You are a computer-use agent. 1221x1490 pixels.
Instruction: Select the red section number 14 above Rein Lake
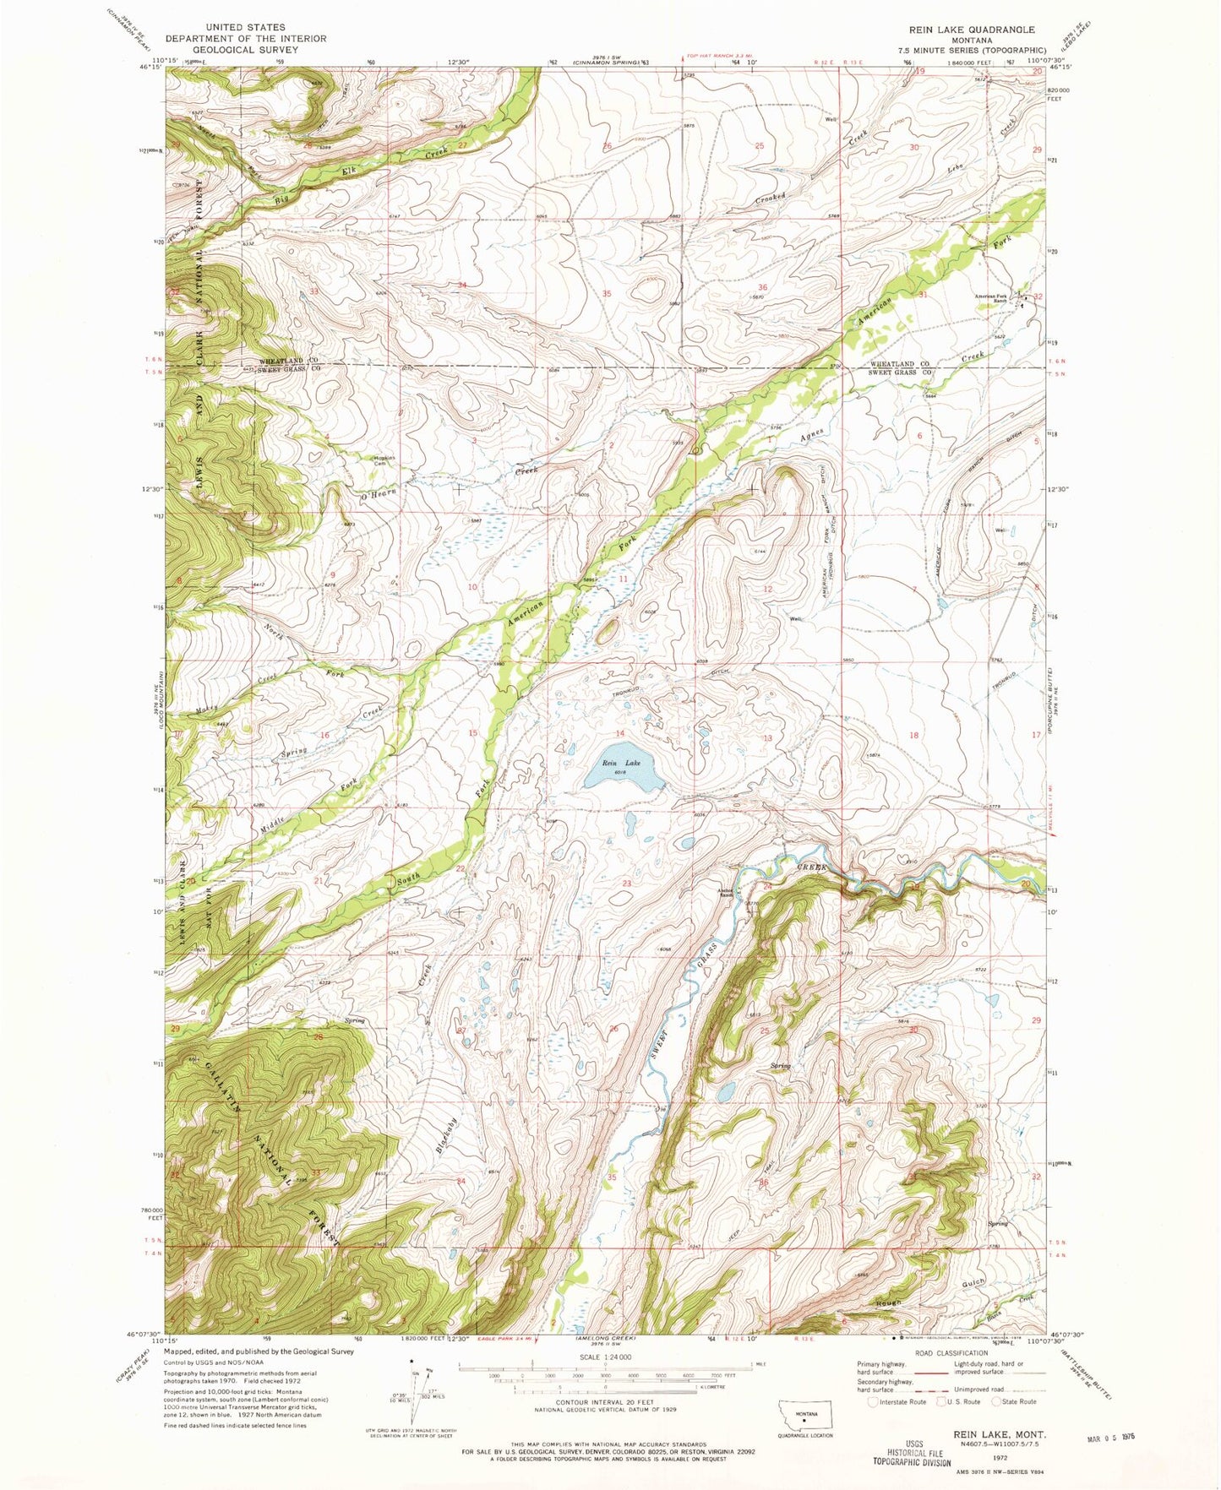pos(619,733)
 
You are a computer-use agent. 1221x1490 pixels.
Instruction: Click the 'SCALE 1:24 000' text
pos(604,1357)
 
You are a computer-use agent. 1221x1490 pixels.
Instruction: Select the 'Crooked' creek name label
pos(771,201)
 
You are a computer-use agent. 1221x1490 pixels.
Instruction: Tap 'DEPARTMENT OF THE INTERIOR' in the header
pos(245,38)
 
